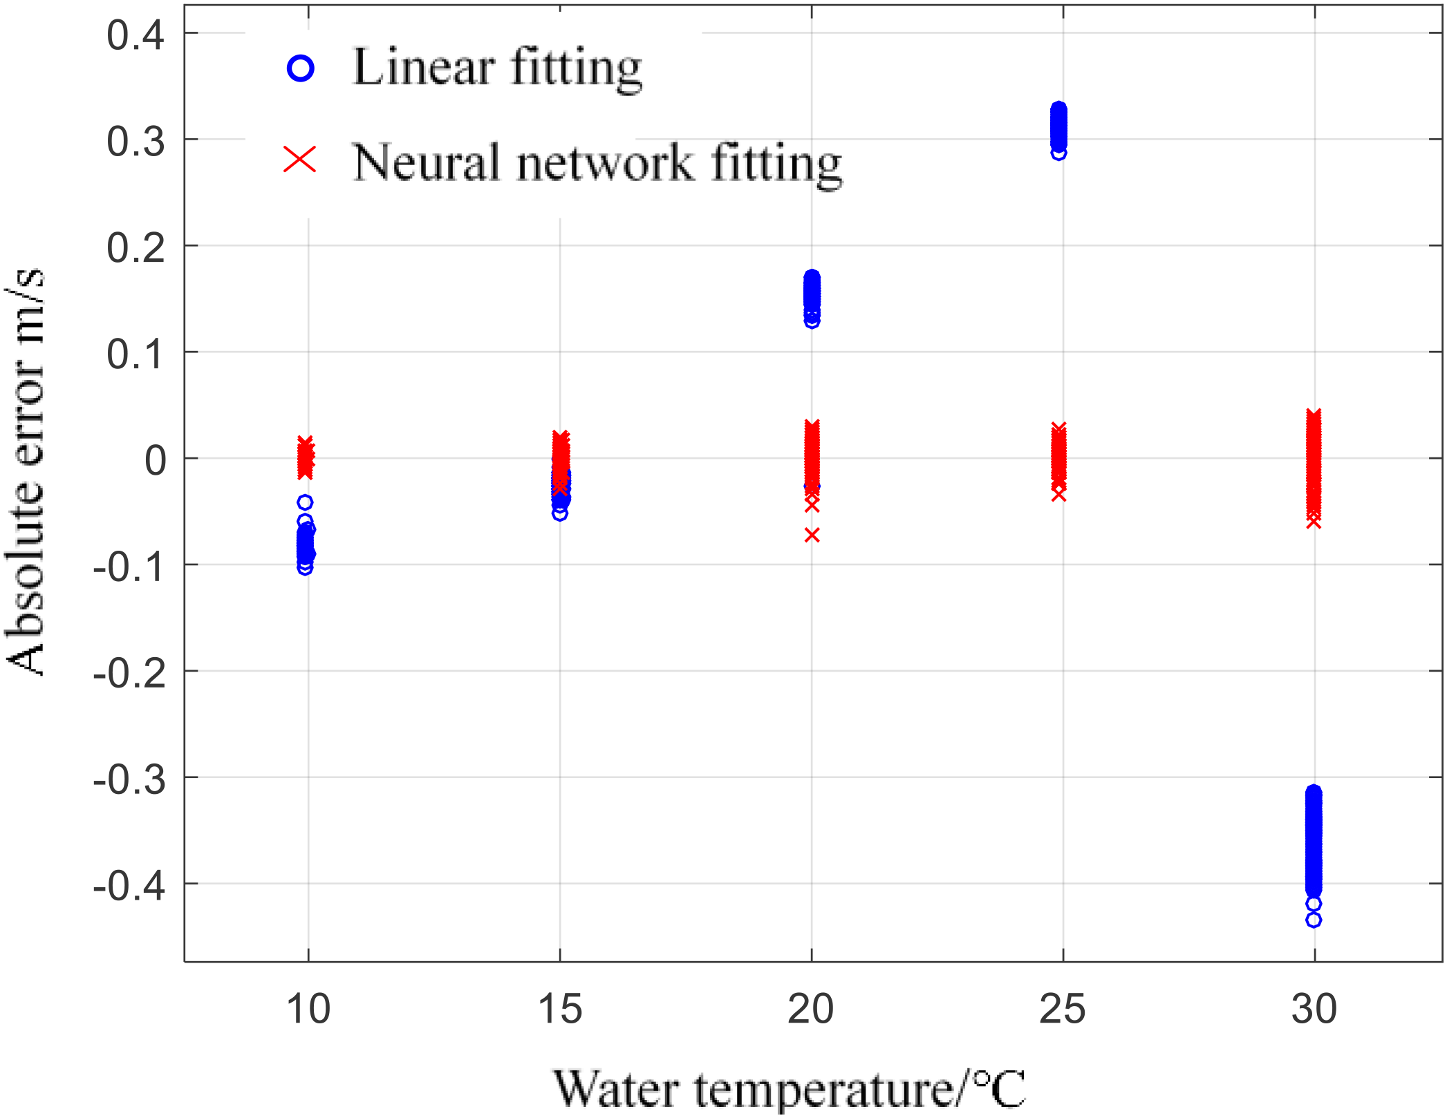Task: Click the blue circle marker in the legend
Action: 300,68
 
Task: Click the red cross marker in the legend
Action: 300,160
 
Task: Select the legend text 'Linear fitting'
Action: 497,68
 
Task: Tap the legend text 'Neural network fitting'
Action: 597,163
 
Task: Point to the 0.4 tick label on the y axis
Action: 136,35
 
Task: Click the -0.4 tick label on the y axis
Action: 129,885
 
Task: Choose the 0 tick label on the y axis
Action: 156,460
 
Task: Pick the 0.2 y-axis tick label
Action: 136,247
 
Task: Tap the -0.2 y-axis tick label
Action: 129,673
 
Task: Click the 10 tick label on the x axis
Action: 308,1010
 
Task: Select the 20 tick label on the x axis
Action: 811,1010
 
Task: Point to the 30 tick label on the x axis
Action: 1314,1010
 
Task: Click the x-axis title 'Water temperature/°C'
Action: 790,1089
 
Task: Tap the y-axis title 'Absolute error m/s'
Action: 25,471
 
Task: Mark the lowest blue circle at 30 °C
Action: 1314,920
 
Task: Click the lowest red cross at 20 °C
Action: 812,535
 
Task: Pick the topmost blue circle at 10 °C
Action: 305,502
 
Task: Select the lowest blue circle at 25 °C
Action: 1058,153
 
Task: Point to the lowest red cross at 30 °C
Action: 1314,522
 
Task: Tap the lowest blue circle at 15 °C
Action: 560,513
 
